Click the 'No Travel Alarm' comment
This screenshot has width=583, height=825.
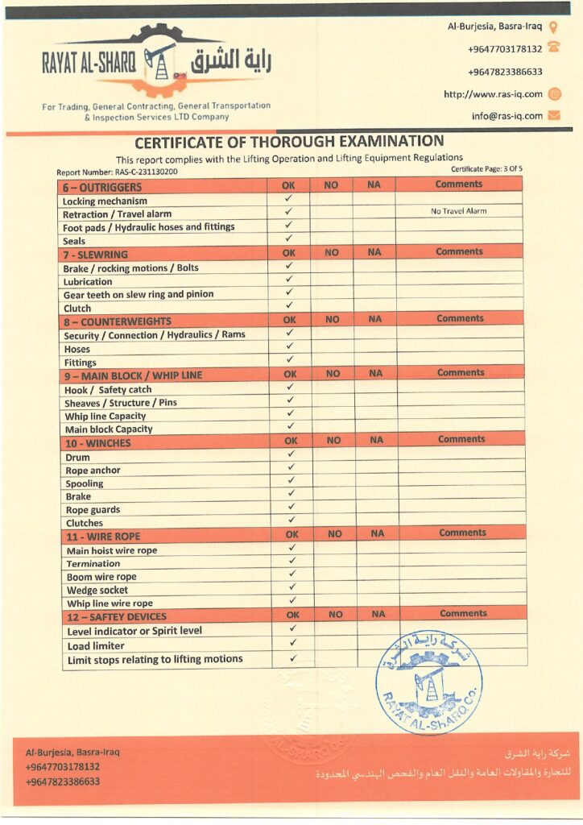458,211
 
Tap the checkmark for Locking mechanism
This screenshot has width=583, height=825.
288,198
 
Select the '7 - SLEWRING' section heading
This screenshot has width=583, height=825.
96,255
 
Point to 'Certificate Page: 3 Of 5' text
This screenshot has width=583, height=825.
486,168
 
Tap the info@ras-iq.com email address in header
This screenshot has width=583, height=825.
507,116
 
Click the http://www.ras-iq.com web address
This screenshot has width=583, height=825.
493,94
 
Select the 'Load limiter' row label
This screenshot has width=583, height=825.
96,645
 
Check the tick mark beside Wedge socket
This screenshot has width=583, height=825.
292,587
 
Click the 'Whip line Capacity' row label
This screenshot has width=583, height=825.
105,416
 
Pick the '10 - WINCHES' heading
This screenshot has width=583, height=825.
97,443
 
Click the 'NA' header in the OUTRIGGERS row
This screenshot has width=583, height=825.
373,185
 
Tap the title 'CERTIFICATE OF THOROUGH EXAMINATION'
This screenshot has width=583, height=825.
289,143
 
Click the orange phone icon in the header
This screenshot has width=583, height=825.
553,49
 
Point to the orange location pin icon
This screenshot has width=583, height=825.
553,27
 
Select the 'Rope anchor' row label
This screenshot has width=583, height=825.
93,471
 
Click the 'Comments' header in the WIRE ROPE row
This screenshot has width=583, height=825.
462,533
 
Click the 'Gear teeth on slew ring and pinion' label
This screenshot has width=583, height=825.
139,294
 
